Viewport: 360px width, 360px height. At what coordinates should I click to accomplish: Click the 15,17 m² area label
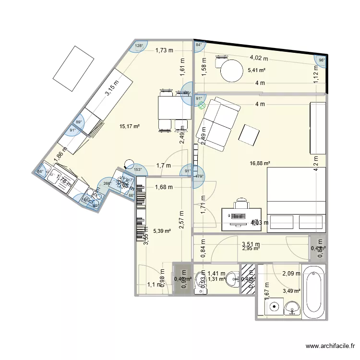(130, 127)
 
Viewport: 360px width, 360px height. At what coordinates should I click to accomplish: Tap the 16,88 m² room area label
(260, 164)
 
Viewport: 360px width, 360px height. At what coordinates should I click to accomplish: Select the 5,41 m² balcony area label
(257, 70)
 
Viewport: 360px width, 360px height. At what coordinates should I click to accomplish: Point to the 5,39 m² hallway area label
(162, 231)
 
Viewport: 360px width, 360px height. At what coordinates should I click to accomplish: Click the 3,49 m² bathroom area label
(291, 290)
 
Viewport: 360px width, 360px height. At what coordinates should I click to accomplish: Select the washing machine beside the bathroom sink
(275, 305)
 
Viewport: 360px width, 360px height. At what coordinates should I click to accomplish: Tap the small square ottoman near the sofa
(249, 134)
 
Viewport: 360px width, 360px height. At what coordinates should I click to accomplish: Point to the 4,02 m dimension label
(259, 58)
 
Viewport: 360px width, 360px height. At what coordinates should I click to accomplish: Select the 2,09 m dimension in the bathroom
(291, 274)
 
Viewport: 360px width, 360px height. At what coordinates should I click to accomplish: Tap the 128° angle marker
(139, 46)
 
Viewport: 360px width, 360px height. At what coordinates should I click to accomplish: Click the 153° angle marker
(137, 169)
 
